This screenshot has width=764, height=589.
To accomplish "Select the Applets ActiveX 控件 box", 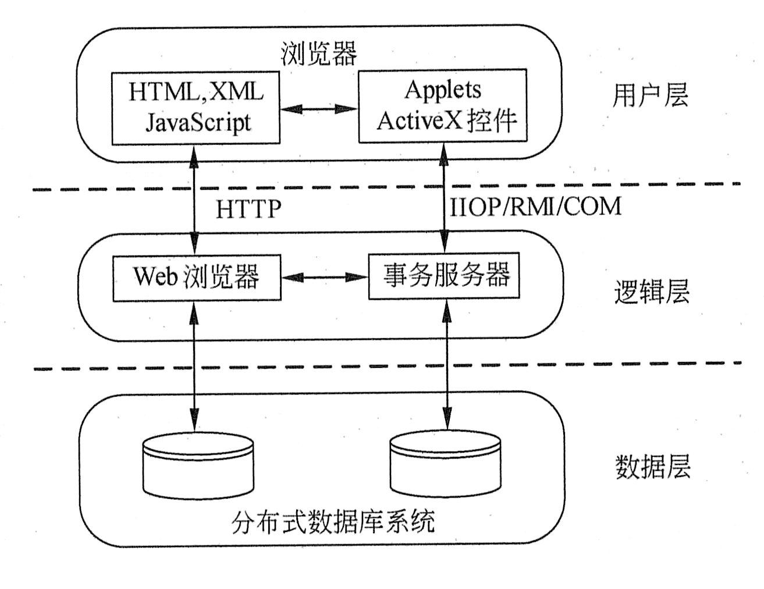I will (x=443, y=105).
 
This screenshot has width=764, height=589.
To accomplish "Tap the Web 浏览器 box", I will (x=196, y=277).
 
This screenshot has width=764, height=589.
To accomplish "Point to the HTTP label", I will (x=248, y=209).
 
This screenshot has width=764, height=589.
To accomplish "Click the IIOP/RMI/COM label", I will (x=536, y=207).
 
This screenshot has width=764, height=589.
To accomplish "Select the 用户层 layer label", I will (x=650, y=95).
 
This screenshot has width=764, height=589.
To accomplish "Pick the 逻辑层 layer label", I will (x=652, y=292).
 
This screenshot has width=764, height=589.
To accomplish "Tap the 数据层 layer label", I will (x=652, y=467).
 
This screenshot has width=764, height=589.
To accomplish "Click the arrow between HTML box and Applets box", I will (x=318, y=108).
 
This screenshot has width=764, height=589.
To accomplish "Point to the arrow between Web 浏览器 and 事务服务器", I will (x=324, y=278).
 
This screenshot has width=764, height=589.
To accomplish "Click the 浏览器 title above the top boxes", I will (x=318, y=54).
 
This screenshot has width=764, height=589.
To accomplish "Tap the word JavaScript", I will (x=198, y=122).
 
